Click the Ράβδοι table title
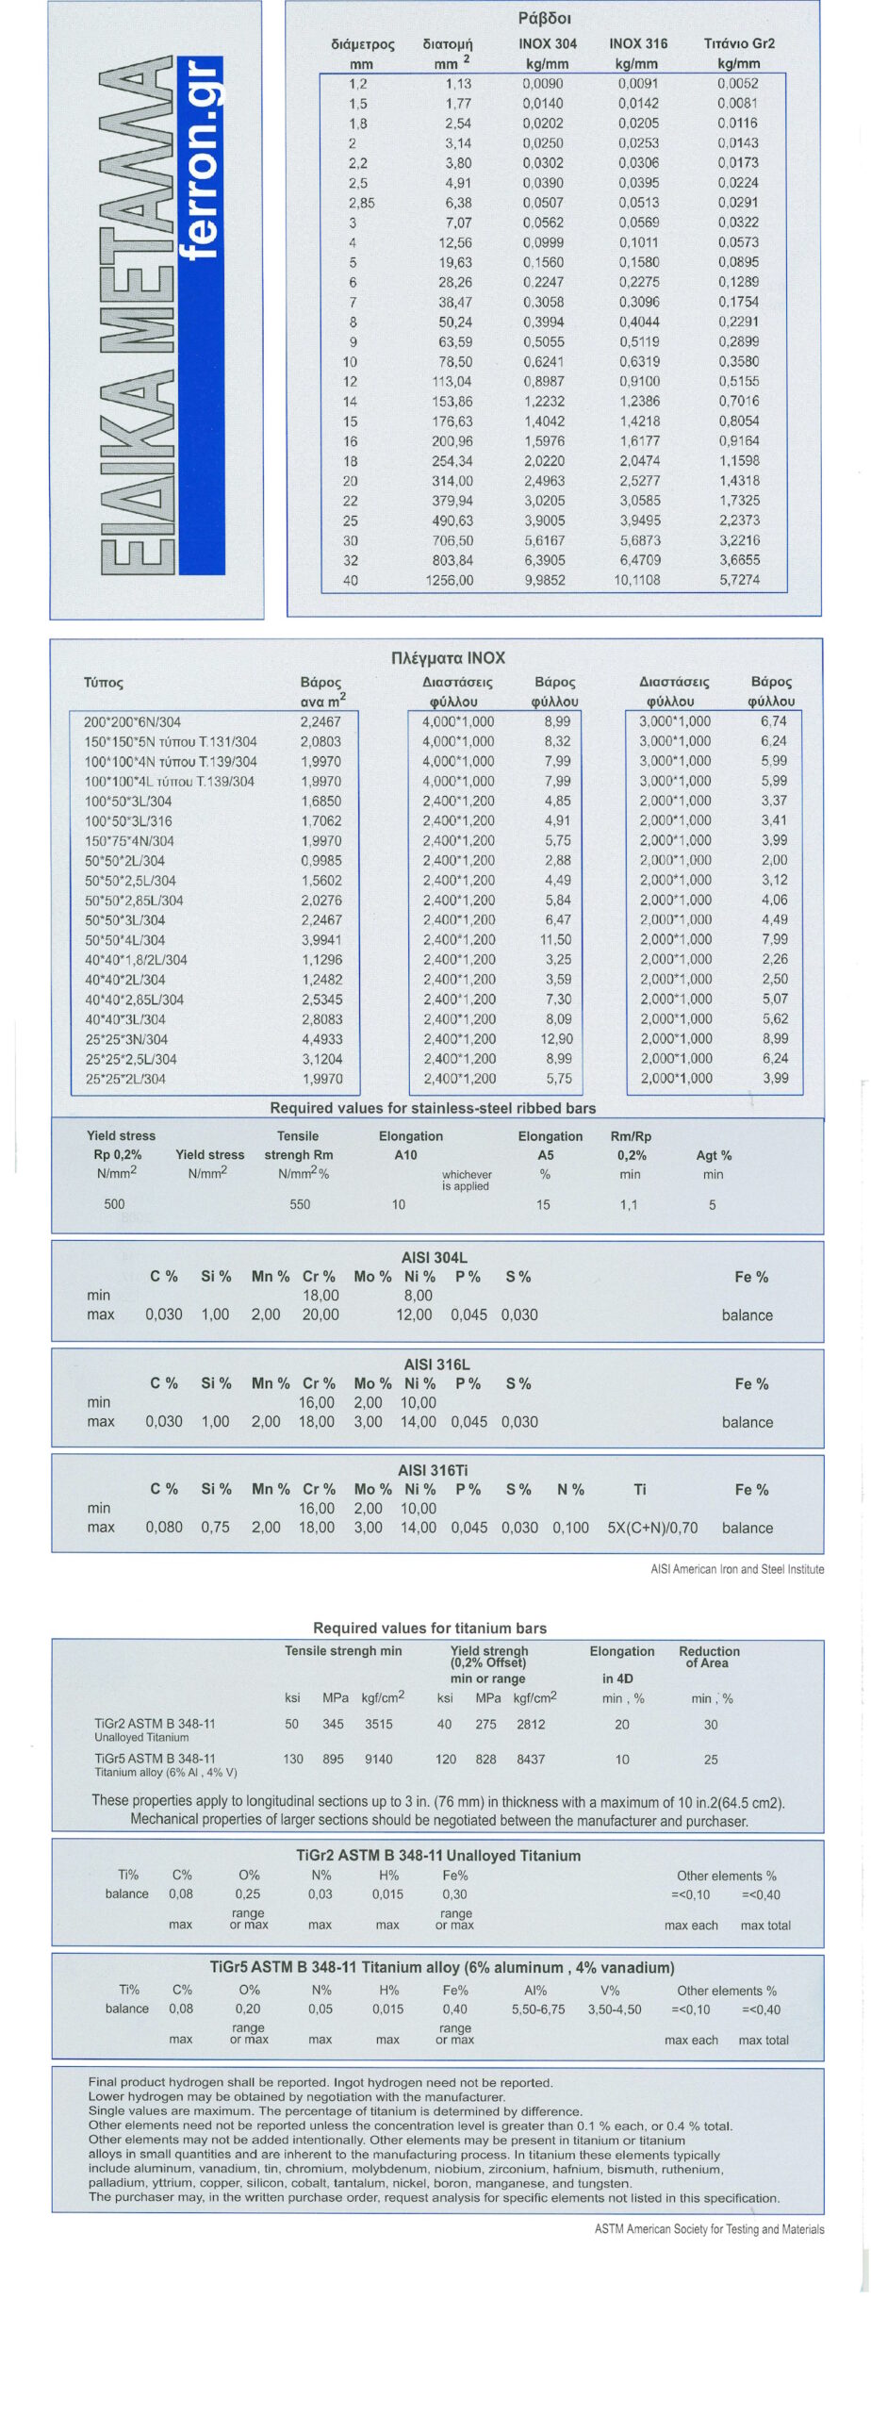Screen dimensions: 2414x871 pos(544,18)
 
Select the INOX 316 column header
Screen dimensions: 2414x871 pos(638,43)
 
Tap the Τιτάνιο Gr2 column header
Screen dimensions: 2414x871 pos(739,43)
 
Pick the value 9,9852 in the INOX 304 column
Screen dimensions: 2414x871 pos(545,580)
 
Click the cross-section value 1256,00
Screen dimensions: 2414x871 pos(450,580)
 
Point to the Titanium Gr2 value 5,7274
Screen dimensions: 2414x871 pos(739,580)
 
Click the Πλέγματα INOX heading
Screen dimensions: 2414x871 pos(448,658)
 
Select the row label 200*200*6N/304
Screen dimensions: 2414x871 pos(133,722)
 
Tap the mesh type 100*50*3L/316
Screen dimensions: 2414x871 pos(129,821)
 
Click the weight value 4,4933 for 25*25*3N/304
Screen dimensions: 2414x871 pos(321,1039)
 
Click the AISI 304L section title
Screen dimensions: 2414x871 pos(435,1257)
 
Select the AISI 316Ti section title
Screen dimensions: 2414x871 pos(434,1470)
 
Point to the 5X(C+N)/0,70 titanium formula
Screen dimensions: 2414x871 pos(652,1528)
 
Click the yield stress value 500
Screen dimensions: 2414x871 pos(114,1204)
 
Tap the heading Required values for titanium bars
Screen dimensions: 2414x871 pos(430,1629)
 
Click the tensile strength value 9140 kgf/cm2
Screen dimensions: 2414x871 pos(377,1759)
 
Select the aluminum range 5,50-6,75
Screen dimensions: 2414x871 pos(538,2009)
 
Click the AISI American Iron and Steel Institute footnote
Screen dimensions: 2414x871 pos(737,1569)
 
